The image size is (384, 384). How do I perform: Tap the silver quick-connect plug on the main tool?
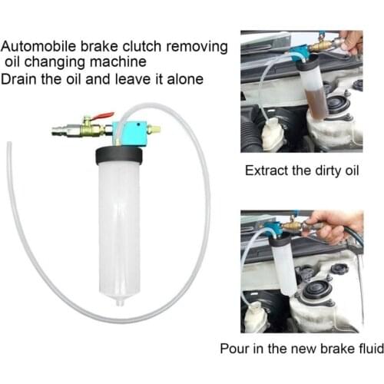click(x=61, y=130)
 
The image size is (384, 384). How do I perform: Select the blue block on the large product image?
click(x=127, y=132)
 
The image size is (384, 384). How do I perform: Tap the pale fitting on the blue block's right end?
click(x=155, y=131)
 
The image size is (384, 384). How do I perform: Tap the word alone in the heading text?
click(x=183, y=79)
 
